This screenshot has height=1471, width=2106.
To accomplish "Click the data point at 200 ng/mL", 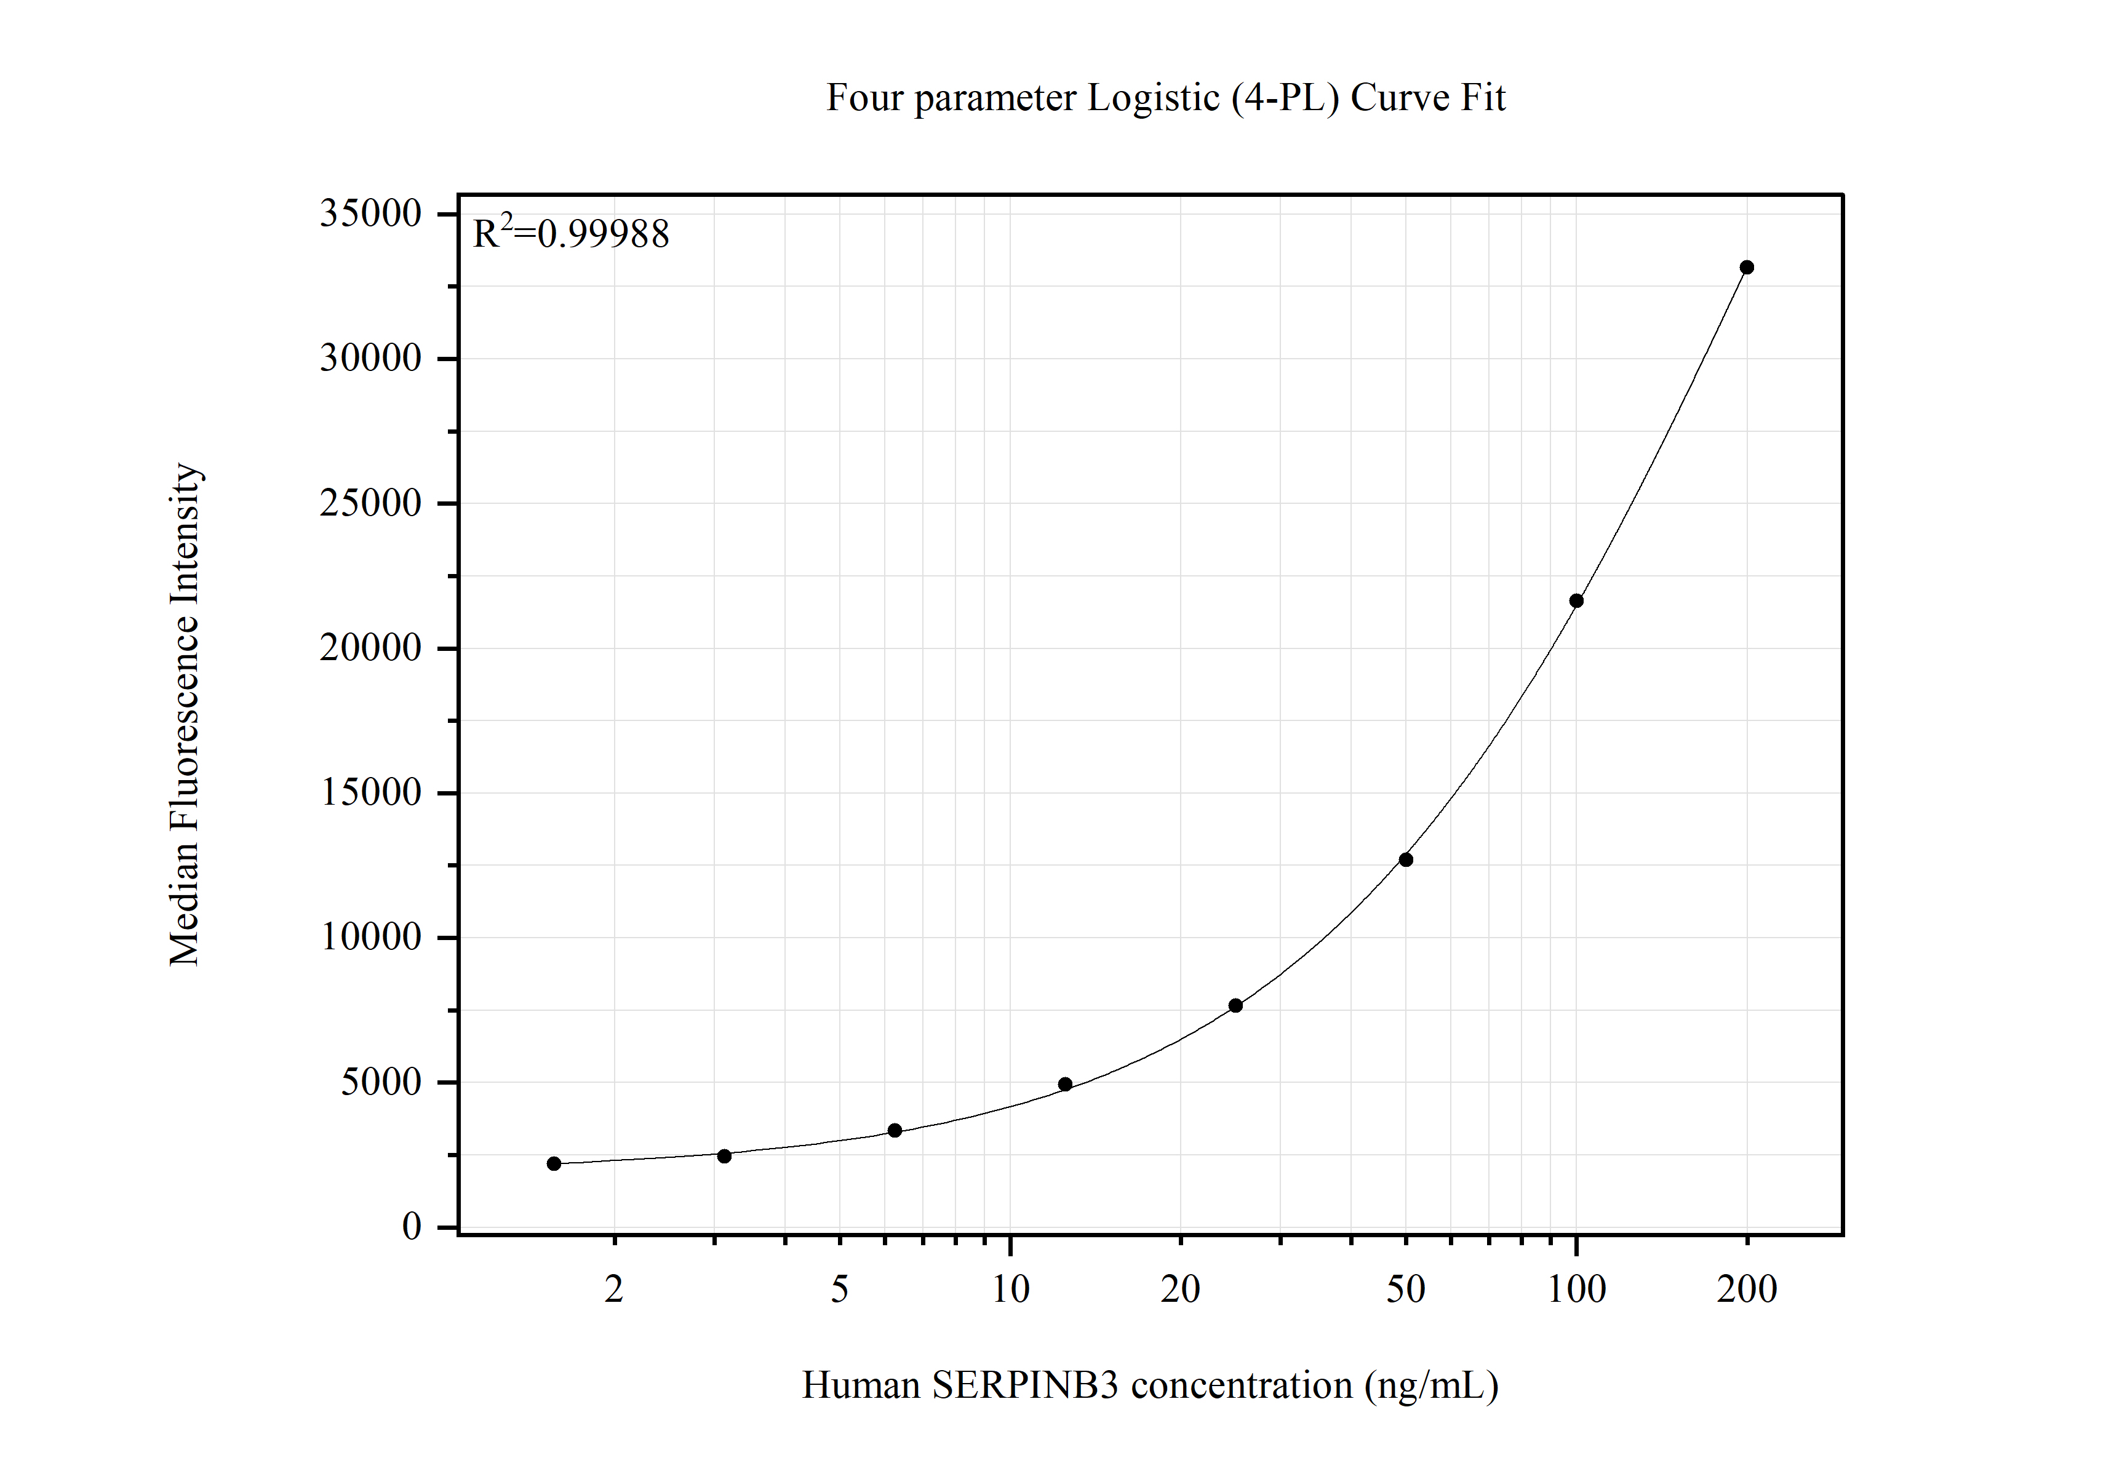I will click(x=1747, y=268).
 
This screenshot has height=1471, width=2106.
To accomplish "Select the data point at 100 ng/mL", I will click(x=1576, y=600).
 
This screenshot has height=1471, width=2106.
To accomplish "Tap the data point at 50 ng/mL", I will click(x=1405, y=859).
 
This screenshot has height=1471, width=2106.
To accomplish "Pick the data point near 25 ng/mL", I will click(x=1235, y=1005).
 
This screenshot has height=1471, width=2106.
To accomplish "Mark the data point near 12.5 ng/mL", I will click(x=1065, y=1084).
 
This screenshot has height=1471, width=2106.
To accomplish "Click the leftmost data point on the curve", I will click(x=554, y=1164).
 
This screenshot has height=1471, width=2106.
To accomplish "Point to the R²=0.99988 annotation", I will click(x=570, y=234).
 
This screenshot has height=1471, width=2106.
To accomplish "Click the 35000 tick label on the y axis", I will click(x=370, y=213).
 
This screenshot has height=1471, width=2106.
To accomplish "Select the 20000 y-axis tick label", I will click(x=370, y=648).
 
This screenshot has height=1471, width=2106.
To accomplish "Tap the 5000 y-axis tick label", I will click(x=381, y=1082).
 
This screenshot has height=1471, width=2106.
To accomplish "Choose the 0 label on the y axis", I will click(x=412, y=1227).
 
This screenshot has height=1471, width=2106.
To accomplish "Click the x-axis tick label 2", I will click(x=613, y=1290).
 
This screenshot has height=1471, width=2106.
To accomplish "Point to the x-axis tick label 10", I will click(x=1010, y=1290).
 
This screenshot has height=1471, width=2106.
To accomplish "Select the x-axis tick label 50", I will click(x=1405, y=1290).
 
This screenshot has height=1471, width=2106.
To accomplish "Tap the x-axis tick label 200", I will click(x=1747, y=1290).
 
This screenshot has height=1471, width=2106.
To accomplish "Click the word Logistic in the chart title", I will click(x=1153, y=98).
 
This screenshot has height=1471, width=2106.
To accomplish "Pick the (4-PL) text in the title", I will click(x=1285, y=98).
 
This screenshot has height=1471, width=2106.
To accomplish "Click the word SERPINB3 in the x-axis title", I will click(x=1024, y=1385).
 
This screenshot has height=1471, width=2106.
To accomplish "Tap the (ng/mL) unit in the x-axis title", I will click(x=1431, y=1385).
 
